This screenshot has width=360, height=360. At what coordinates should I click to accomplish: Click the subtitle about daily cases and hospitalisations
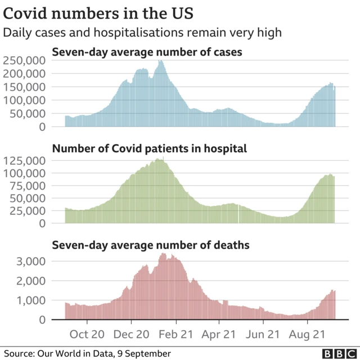coord(142,33)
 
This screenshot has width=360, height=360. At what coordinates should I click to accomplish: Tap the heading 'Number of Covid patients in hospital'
coord(149,149)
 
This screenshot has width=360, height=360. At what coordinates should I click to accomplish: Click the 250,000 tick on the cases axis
coord(24,61)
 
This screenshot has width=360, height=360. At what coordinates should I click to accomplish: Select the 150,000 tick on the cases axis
coord(24,87)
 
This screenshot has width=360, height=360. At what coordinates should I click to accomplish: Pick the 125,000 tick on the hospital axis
coord(24,160)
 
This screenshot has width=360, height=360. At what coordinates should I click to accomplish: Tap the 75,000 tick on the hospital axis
coord(27,186)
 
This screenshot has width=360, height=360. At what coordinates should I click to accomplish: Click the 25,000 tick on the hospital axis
coord(27,211)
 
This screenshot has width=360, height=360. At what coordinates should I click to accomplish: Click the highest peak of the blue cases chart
coord(161,61)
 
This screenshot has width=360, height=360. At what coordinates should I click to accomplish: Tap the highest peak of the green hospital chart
coord(159,159)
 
